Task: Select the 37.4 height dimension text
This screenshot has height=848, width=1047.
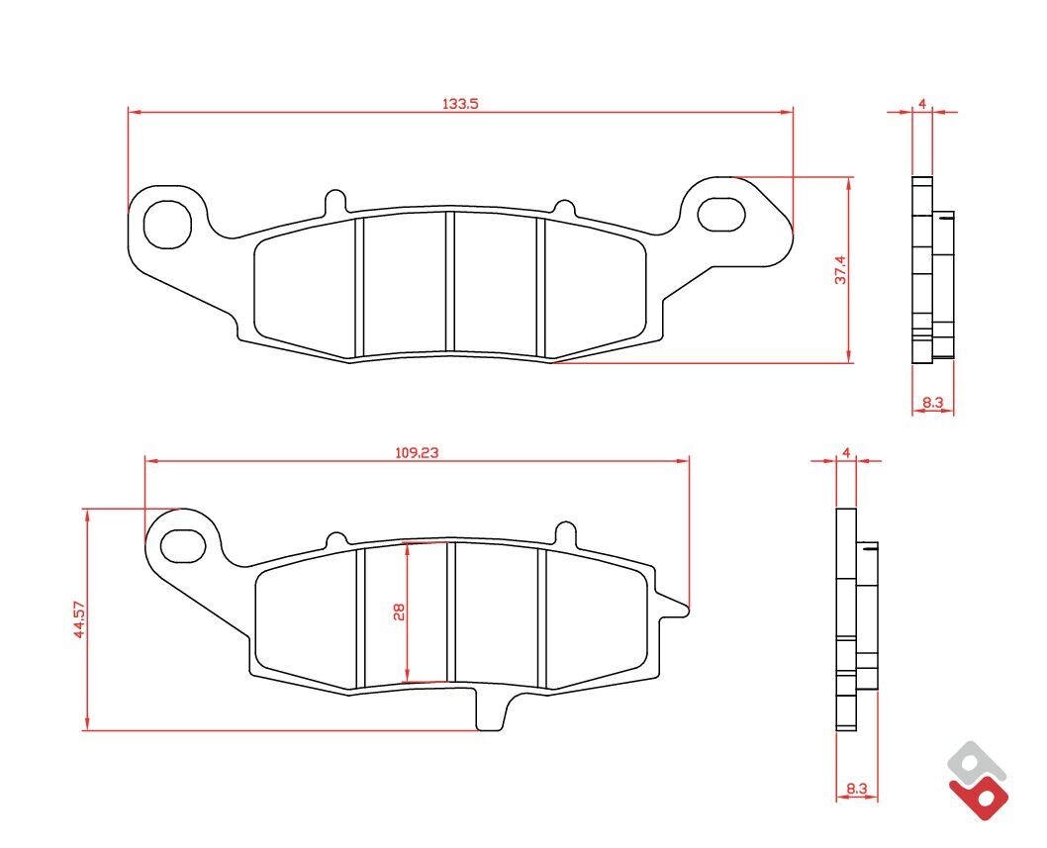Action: click(x=840, y=269)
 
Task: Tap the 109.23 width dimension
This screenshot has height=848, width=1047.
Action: click(x=417, y=452)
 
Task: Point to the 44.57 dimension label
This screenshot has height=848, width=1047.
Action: click(x=79, y=619)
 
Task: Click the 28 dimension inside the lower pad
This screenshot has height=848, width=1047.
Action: click(x=399, y=612)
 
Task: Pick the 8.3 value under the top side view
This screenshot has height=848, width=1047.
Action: click(x=932, y=402)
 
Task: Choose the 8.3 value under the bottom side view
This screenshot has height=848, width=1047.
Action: click(x=857, y=789)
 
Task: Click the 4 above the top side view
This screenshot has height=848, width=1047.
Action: click(x=921, y=103)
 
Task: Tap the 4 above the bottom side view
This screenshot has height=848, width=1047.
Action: click(x=846, y=452)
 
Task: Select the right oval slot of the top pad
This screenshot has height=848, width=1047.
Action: click(x=720, y=214)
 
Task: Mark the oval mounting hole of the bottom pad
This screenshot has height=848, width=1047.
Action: click(x=182, y=542)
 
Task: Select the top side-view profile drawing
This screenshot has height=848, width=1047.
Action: click(x=931, y=269)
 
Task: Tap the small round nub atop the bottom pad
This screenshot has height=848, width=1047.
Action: click(x=565, y=530)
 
